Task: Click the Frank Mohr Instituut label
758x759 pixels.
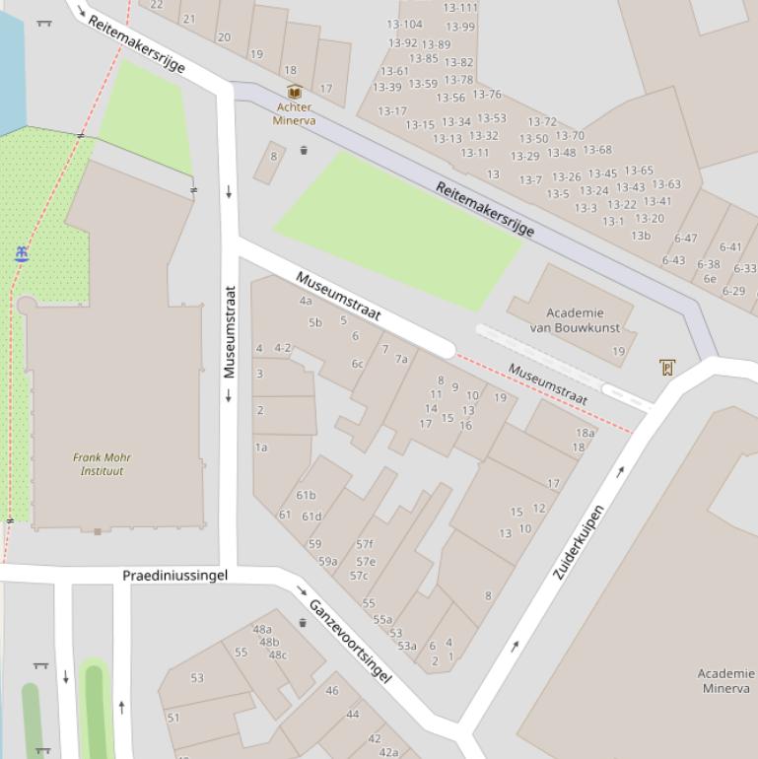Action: click(102, 464)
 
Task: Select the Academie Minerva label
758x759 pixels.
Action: click(726, 681)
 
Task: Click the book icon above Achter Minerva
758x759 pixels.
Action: click(293, 93)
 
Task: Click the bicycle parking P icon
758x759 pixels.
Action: click(667, 368)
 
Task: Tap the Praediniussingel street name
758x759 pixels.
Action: click(174, 575)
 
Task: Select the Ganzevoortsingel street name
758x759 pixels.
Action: click(350, 640)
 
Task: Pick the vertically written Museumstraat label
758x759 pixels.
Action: click(230, 332)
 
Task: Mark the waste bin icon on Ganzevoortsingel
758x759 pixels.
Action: click(302, 623)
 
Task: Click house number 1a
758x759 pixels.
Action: click(261, 448)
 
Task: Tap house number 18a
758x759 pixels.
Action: click(586, 433)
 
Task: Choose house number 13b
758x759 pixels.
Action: click(641, 236)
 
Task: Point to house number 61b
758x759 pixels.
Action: click(306, 496)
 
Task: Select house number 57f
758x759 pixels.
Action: click(365, 544)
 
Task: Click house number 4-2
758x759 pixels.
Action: click(283, 348)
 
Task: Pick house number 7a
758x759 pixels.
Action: click(401, 360)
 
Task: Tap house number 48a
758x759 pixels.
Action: click(262, 630)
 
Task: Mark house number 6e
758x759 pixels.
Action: click(710, 279)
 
